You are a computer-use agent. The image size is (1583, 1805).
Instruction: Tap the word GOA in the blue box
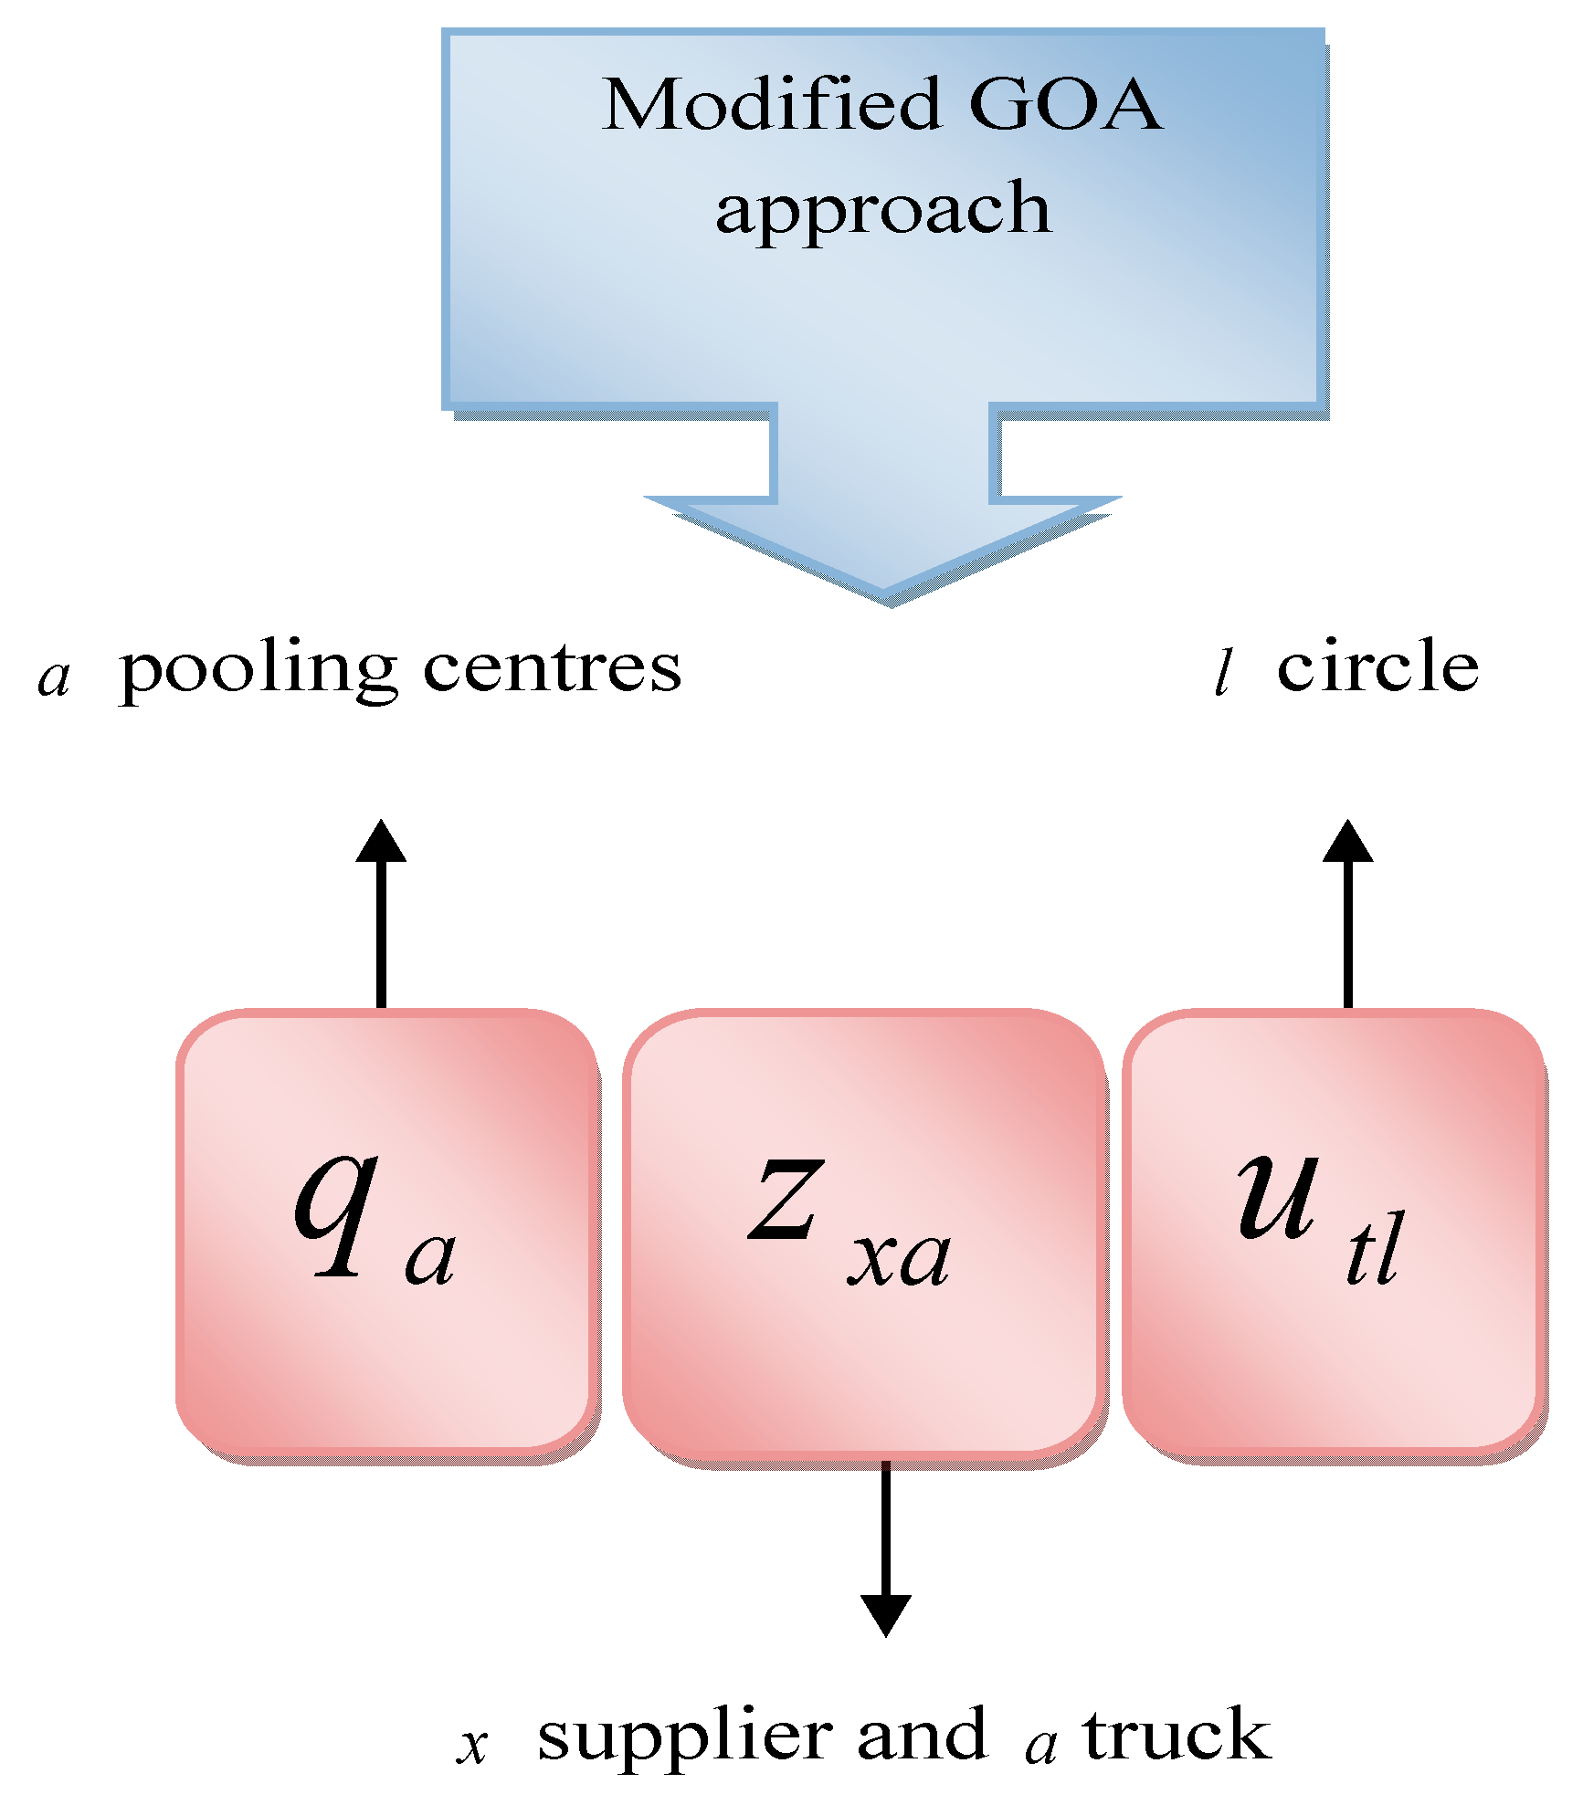point(1065,105)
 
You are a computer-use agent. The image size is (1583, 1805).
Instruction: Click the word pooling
point(259,671)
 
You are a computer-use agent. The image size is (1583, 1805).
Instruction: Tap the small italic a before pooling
point(54,678)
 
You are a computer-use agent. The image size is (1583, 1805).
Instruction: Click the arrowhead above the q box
point(381,842)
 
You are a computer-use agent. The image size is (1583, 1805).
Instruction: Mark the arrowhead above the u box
point(1348,842)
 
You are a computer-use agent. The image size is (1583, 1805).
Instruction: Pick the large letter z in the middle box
point(786,1201)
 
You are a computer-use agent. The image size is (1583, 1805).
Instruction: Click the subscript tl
point(1374,1251)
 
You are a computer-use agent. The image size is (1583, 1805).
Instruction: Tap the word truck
point(1177,1735)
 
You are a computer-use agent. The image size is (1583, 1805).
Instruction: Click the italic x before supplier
point(472,1747)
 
